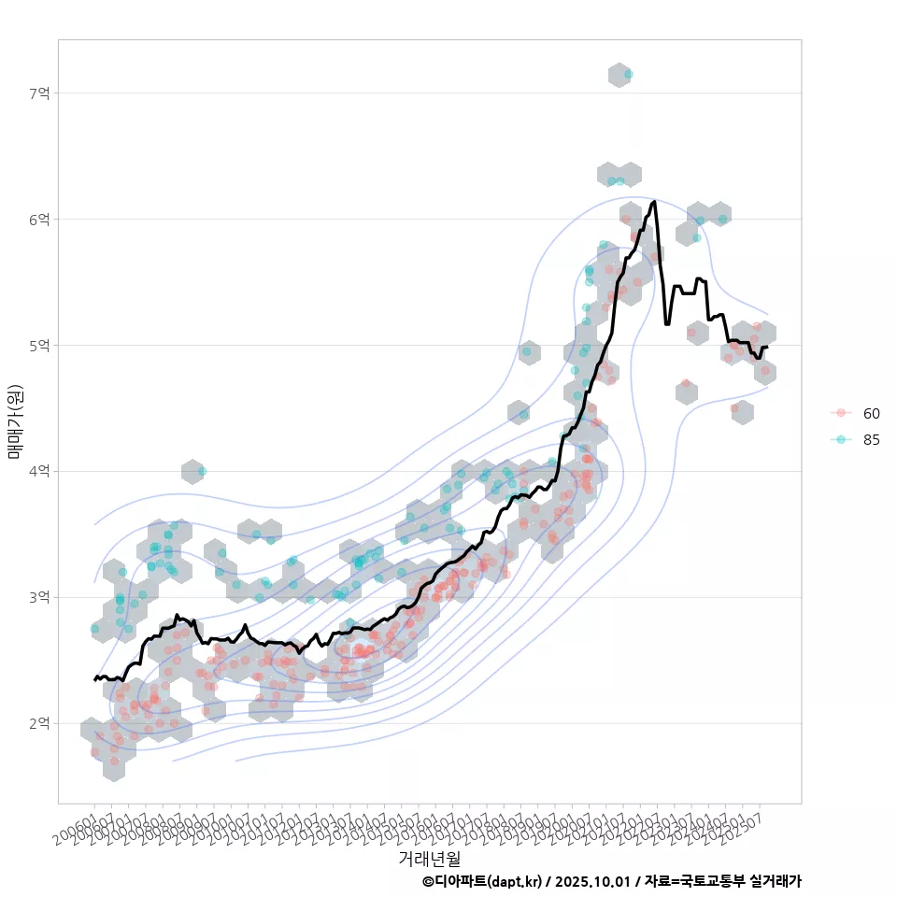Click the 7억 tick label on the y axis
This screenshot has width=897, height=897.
pos(39,93)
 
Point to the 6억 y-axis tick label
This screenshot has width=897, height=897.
pos(39,220)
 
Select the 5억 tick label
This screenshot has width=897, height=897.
pos(39,346)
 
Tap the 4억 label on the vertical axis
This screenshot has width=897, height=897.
pos(39,472)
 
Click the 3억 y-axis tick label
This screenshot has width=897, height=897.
pos(39,597)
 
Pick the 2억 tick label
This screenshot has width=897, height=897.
pos(39,723)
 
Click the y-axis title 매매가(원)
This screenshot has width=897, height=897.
pos(16,421)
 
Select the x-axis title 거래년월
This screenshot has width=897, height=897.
pos(429,858)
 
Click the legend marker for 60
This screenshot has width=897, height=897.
pos(841,413)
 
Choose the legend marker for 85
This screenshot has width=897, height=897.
pos(841,439)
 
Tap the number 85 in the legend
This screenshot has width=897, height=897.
pos(872,439)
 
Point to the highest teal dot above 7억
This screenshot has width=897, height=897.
pos(629,74)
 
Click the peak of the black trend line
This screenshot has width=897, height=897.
pos(655,201)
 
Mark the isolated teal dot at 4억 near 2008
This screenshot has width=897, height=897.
pos(202,471)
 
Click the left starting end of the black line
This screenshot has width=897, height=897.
pos(94,679)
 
